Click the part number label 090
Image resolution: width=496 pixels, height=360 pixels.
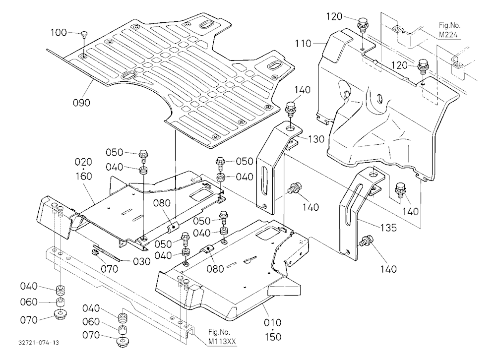[x=82, y=103]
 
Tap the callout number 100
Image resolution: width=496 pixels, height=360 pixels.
[x=59, y=32]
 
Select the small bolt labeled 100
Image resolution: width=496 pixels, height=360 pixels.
[x=84, y=34]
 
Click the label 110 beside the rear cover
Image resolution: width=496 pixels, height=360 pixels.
[x=304, y=43]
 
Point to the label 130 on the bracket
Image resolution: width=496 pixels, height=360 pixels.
[x=316, y=139]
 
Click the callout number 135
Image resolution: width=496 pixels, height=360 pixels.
[x=388, y=228]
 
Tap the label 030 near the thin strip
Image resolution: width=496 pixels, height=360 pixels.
[x=142, y=262]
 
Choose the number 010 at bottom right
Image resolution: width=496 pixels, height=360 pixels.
[x=272, y=323]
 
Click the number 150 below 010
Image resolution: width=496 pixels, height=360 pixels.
[x=273, y=337]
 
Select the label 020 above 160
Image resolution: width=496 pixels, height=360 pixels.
[x=83, y=162]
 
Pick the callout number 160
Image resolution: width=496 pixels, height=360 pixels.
[x=83, y=176]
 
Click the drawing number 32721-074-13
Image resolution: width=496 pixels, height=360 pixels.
[x=39, y=343]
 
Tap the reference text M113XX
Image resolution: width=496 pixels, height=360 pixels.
[x=222, y=342]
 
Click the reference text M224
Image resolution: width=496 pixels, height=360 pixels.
[x=448, y=35]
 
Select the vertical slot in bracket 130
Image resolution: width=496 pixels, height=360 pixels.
[x=263, y=180]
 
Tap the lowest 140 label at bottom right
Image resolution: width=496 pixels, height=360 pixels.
[x=388, y=269]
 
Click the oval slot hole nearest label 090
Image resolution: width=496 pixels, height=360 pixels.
[x=129, y=75]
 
